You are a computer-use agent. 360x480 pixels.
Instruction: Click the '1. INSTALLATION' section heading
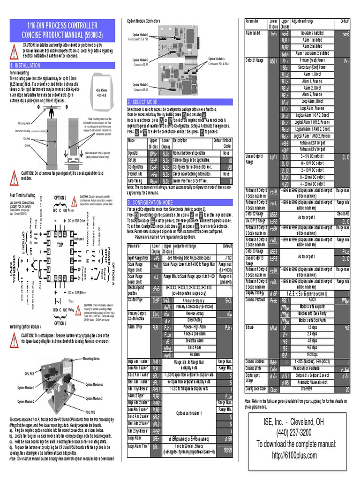pos(28,66)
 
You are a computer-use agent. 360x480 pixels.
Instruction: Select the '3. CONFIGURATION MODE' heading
pos(155,202)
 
